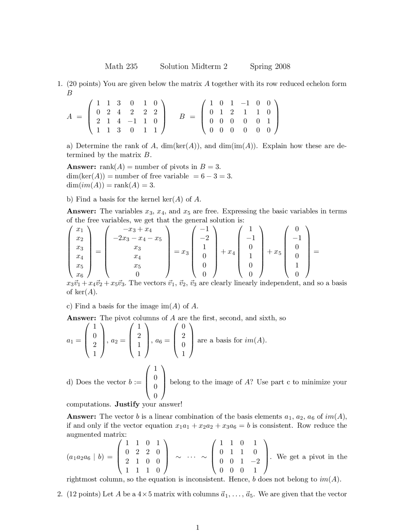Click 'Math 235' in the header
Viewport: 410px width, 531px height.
coord(121,66)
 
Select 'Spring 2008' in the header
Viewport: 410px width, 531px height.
coord(270,66)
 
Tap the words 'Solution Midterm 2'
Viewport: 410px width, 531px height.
coord(193,66)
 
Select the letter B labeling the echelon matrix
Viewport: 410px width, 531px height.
coord(182,117)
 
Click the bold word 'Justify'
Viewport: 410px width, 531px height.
coord(127,404)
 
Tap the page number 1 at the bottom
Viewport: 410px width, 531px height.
coord(197,518)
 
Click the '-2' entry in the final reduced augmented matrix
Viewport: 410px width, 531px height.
coord(255,461)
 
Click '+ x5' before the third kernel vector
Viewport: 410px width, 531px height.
coord(274,252)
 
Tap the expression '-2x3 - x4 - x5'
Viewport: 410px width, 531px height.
coord(137,239)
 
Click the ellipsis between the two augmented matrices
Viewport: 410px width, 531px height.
coord(191,457)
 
